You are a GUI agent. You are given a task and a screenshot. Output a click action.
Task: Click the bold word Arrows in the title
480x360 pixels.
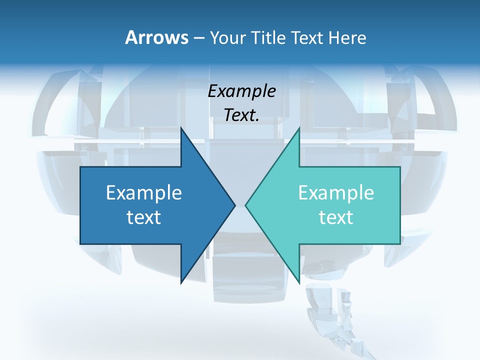[x=156, y=37]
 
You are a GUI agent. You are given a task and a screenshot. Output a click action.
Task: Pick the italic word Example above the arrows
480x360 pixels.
[x=242, y=91]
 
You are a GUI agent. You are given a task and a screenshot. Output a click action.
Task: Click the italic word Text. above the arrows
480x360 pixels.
[x=242, y=115]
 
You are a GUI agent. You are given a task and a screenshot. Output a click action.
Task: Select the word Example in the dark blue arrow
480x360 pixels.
[x=144, y=193]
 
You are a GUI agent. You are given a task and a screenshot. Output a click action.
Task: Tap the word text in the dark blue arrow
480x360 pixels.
[x=144, y=217]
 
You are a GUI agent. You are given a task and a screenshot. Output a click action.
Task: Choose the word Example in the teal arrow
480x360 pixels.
[x=336, y=193]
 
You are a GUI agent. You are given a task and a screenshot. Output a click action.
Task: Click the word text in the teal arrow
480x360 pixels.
[x=336, y=217]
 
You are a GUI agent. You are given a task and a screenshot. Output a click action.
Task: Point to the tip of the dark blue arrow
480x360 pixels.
[x=234, y=205]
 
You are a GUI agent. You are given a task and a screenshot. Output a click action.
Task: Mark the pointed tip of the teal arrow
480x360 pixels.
[x=246, y=205]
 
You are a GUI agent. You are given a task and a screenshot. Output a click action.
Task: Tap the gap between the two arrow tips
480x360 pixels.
[x=240, y=205]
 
